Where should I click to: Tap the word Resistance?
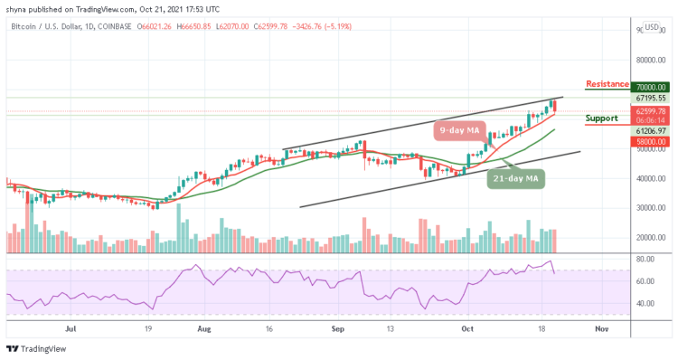607,84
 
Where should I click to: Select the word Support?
601,118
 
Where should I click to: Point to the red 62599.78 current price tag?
649,111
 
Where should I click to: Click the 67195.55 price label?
649,98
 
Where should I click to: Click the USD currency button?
651,27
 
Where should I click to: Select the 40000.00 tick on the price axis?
649,179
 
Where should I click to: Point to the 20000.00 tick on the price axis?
649,237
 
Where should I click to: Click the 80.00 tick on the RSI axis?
644,259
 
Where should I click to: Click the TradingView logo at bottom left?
32,350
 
